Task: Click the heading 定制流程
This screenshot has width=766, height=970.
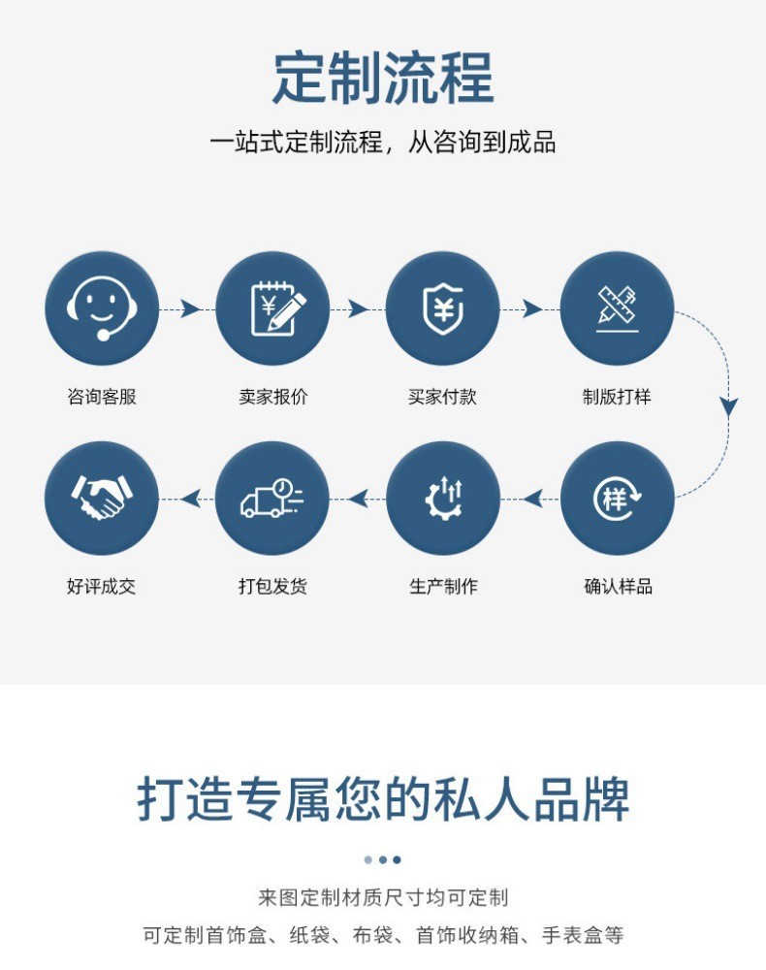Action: click(383, 78)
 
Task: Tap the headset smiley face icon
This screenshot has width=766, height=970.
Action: click(102, 308)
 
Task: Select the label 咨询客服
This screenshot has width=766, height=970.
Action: click(102, 397)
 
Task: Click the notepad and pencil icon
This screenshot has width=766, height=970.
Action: click(272, 308)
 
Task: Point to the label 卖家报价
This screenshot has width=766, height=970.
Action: click(272, 397)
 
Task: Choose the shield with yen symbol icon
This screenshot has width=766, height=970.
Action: click(443, 308)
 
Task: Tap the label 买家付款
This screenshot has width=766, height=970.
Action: click(443, 397)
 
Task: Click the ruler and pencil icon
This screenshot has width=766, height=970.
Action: click(617, 308)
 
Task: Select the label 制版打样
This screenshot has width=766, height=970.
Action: click(617, 397)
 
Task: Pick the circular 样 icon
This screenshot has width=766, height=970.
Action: click(617, 499)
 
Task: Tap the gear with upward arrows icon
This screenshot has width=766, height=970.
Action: click(443, 499)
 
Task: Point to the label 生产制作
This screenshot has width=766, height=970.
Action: click(443, 586)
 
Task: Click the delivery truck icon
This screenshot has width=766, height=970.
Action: click(272, 499)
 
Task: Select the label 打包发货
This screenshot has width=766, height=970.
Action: click(272, 586)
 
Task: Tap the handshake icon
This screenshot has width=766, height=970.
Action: click(102, 499)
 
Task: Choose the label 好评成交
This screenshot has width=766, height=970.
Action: click(102, 586)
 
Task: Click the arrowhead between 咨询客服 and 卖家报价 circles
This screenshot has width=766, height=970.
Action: click(190, 308)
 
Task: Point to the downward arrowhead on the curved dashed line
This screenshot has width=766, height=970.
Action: click(728, 407)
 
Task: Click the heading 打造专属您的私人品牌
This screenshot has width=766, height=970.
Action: click(383, 799)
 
